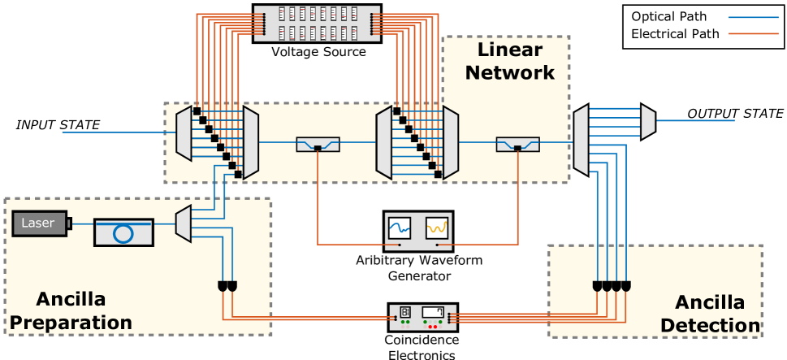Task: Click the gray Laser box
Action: click(x=39, y=223)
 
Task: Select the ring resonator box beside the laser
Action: click(x=123, y=232)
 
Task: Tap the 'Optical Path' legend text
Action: click(x=668, y=16)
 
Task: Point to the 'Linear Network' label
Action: click(x=509, y=61)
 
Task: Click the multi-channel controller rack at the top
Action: click(x=317, y=24)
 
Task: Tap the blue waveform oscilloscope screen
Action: click(x=400, y=228)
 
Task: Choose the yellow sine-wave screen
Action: click(x=437, y=228)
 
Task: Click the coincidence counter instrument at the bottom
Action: click(x=422, y=316)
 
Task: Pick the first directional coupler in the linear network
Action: click(x=318, y=145)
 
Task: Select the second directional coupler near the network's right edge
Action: click(x=517, y=145)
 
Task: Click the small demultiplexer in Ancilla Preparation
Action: click(x=183, y=223)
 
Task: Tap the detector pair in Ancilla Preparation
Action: click(x=227, y=287)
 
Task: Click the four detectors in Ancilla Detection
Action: click(x=611, y=287)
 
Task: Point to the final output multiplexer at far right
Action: click(x=647, y=121)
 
